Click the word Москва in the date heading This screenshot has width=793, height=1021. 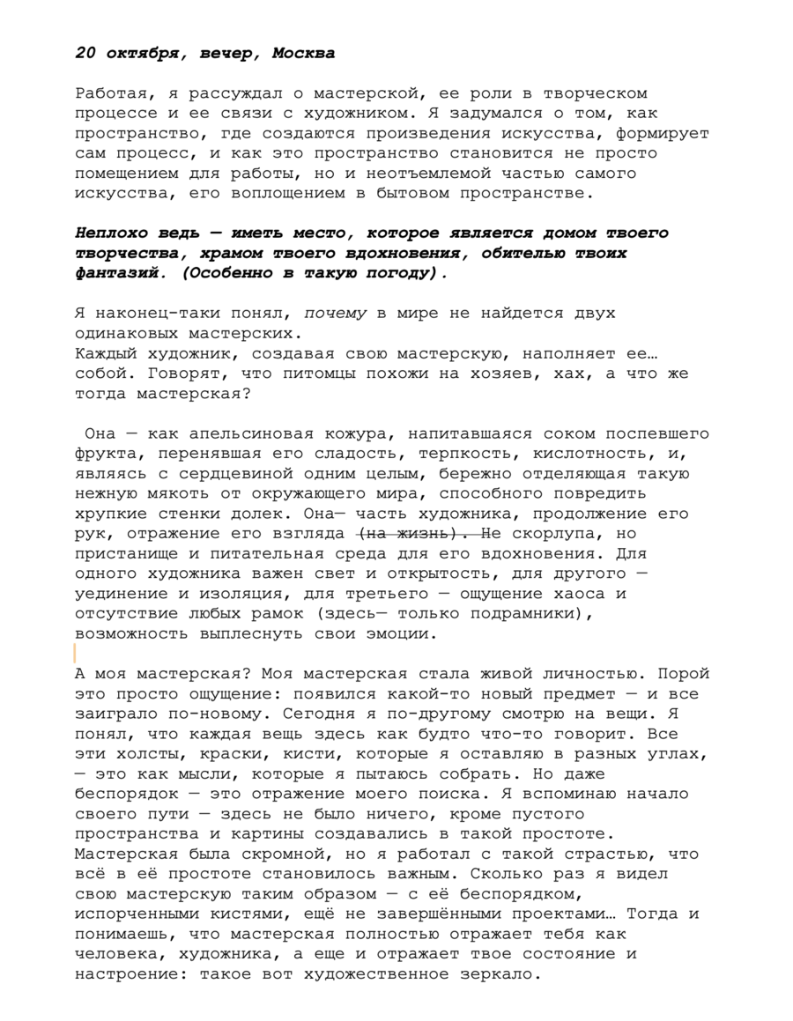click(303, 53)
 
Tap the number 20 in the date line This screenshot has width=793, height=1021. click(85, 53)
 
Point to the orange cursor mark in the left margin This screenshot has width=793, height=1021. click(76, 653)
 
